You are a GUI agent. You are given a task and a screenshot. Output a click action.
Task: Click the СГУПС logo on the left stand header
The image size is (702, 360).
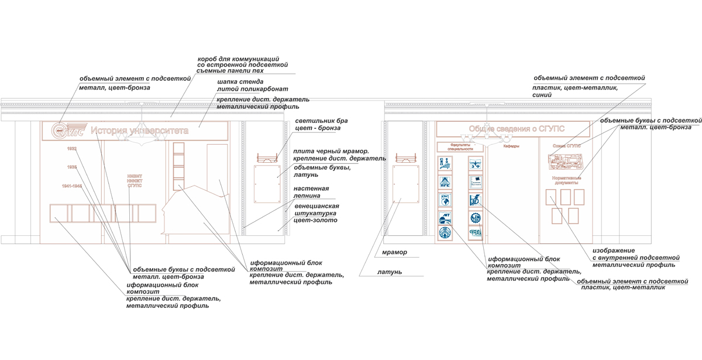[x=68, y=130]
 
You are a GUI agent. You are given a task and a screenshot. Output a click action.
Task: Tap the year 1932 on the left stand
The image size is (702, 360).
[x=71, y=149]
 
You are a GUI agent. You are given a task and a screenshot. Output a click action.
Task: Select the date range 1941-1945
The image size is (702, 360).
[x=73, y=186]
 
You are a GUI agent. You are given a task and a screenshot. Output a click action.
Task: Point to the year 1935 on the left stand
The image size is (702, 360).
[x=71, y=167]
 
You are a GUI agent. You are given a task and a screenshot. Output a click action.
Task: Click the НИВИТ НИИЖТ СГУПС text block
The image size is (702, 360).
[x=135, y=180]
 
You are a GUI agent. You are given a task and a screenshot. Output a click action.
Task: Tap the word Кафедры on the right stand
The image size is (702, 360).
[x=511, y=146]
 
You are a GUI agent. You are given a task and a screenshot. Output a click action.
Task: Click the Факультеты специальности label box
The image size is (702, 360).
[x=460, y=146]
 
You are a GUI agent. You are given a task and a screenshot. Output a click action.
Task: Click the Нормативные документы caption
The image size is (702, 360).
[x=565, y=180]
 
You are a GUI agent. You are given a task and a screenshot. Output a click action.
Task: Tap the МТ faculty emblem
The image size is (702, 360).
[x=446, y=218]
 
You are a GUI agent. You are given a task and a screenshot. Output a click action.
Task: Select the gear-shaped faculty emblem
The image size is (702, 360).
[x=476, y=218]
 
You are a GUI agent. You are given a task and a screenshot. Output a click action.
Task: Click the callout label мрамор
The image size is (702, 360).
[x=393, y=252]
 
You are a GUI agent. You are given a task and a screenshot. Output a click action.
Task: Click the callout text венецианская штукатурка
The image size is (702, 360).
[x=316, y=213]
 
